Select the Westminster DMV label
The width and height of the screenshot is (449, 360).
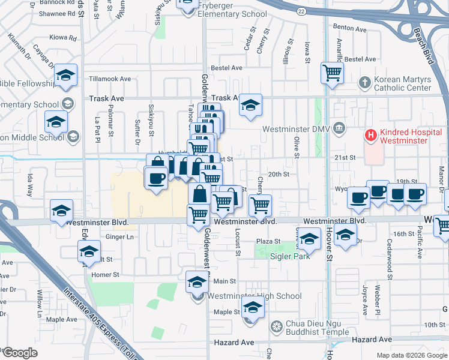point(295,128)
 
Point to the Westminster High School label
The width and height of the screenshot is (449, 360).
point(255,296)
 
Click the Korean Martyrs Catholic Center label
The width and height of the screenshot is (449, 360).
point(411,83)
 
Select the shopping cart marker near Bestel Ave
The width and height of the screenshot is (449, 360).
point(332,73)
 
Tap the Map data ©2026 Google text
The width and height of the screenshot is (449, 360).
point(411,355)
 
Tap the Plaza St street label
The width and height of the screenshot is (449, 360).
point(268,241)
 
